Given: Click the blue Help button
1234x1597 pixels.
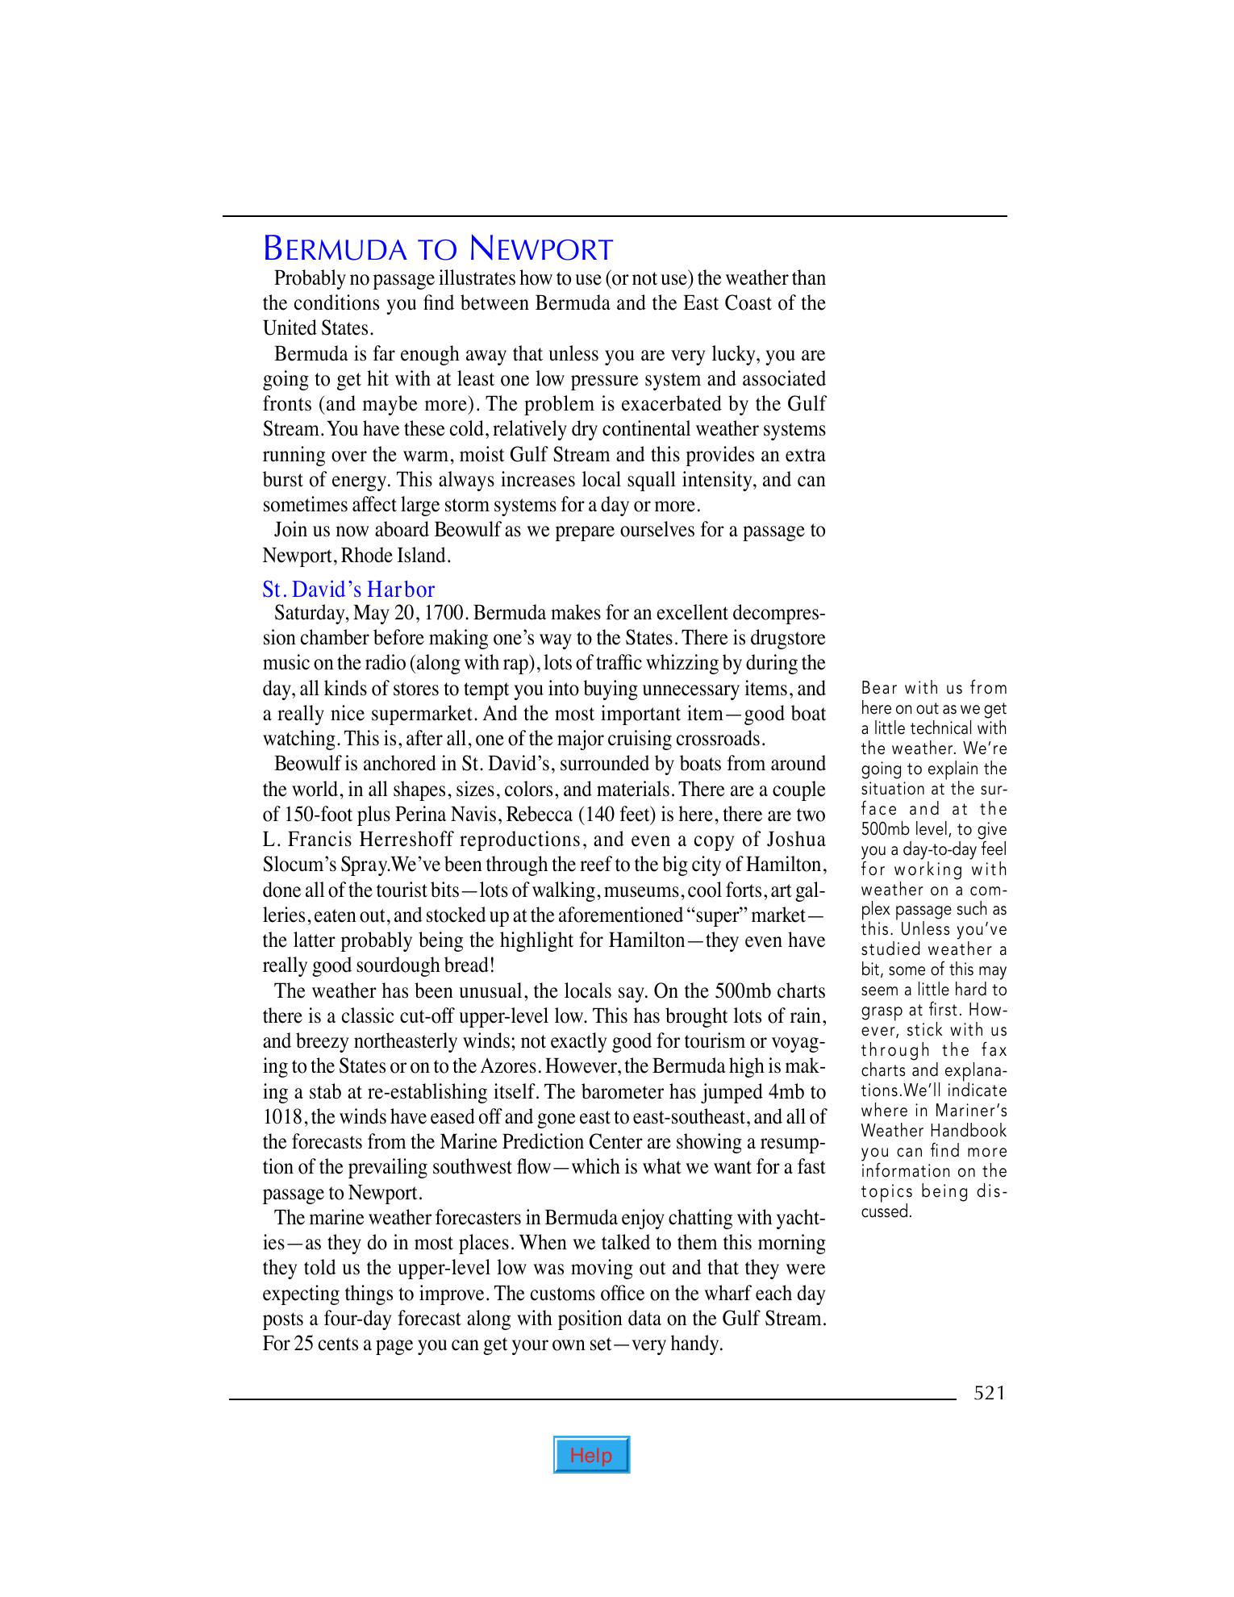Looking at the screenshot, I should pyautogui.click(x=591, y=1455).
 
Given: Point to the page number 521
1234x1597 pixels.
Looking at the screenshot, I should pyautogui.click(x=990, y=1393).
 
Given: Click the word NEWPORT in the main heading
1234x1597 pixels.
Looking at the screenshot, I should pyautogui.click(x=541, y=250).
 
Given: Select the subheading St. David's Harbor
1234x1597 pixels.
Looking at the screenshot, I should pyautogui.click(x=348, y=590).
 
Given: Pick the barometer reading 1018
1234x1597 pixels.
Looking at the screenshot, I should pyautogui.click(x=281, y=1117).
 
